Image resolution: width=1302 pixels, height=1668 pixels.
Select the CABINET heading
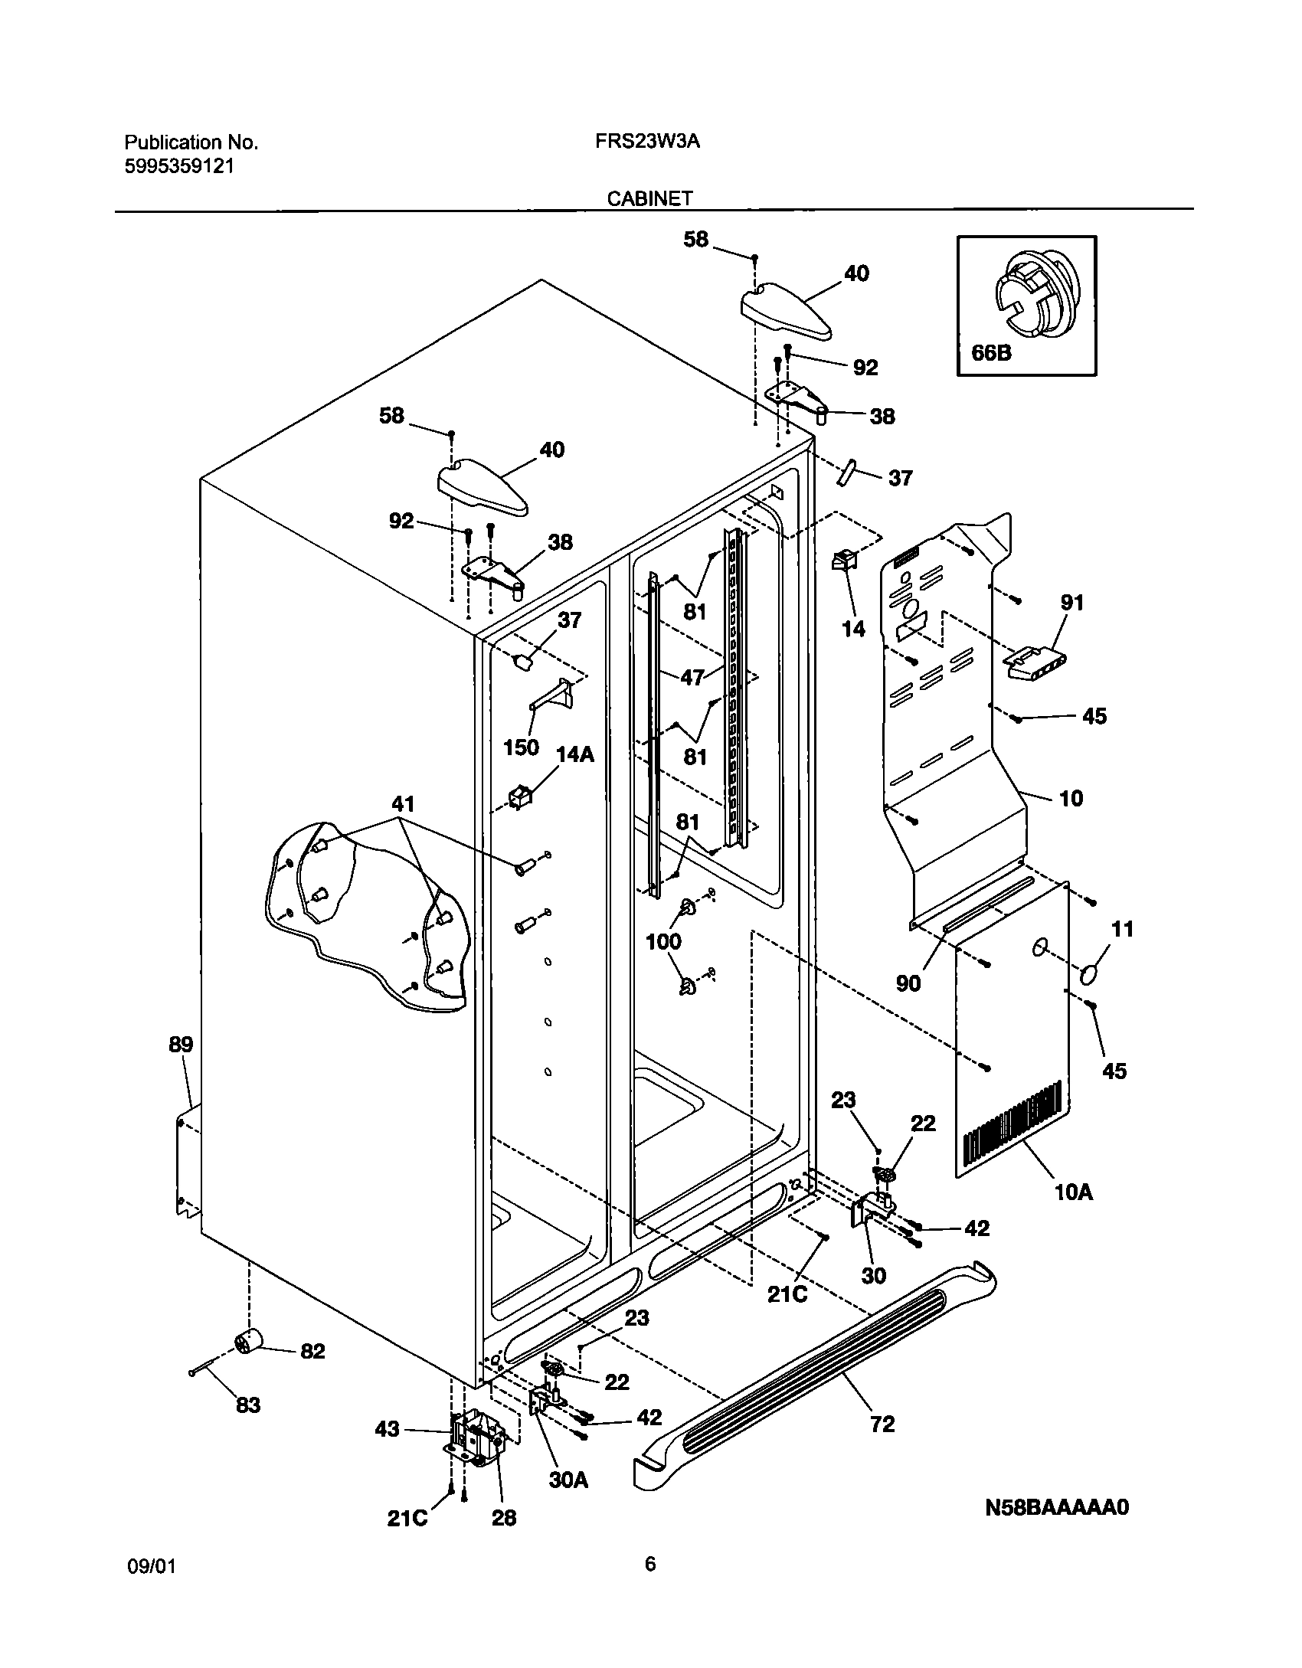(x=649, y=199)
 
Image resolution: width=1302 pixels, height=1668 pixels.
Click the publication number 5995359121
(x=179, y=166)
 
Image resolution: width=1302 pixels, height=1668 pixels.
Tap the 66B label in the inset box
(x=991, y=353)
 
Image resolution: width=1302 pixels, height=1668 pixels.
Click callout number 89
(x=181, y=1045)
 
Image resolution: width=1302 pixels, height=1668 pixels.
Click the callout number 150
(x=521, y=747)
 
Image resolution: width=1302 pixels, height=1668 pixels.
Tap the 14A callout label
(x=574, y=754)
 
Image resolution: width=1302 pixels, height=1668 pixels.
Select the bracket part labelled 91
(x=1035, y=661)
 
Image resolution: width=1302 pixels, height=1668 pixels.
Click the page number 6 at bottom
(x=650, y=1565)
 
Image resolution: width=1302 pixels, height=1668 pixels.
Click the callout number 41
(x=403, y=804)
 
